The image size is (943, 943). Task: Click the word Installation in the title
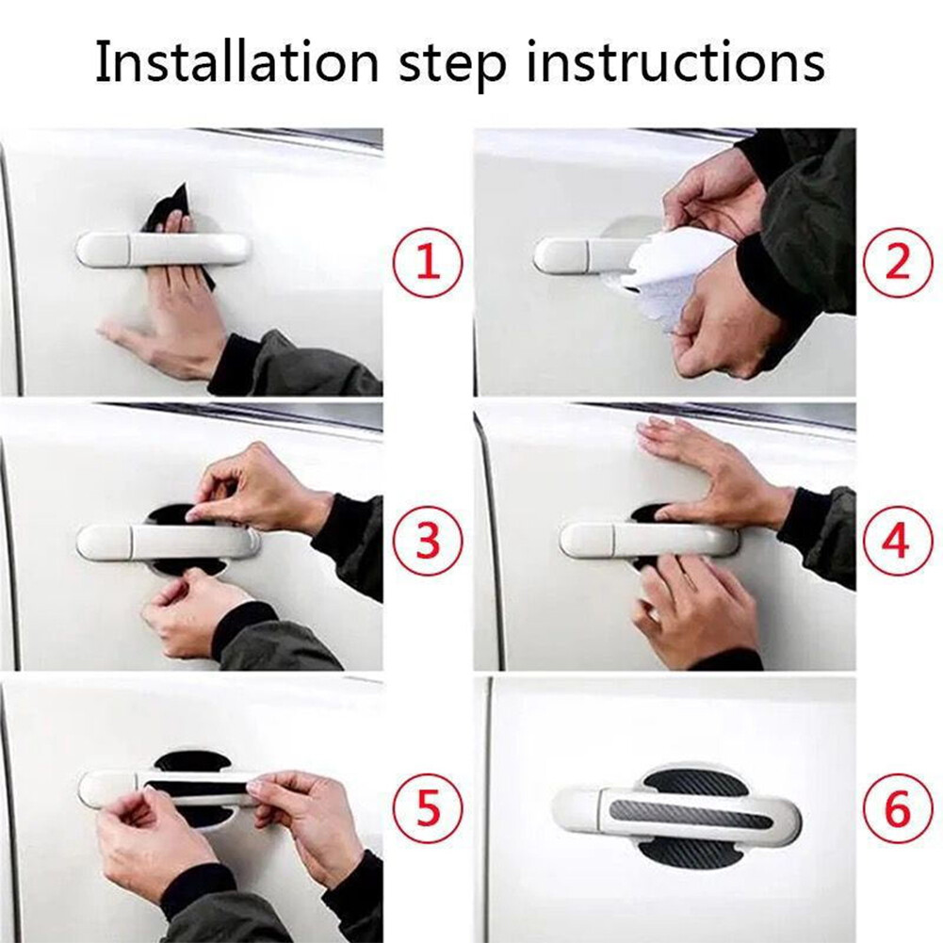pyautogui.click(x=236, y=63)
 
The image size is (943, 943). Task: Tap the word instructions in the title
pyautogui.click(x=693, y=63)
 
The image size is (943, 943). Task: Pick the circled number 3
pyautogui.click(x=428, y=541)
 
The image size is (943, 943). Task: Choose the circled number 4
pyautogui.click(x=896, y=541)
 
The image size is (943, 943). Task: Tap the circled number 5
pyautogui.click(x=428, y=809)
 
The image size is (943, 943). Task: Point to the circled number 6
pyautogui.click(x=896, y=809)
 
